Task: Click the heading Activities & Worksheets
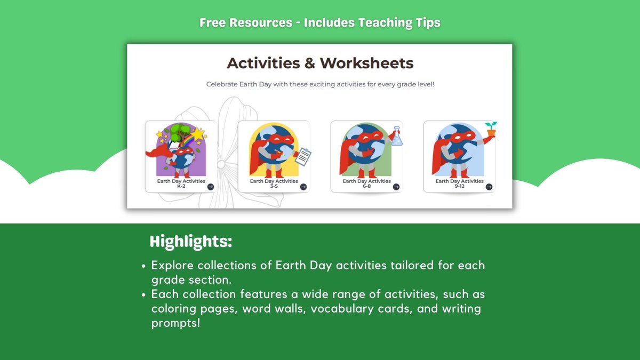pos(320,63)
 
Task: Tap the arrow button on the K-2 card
pos(211,187)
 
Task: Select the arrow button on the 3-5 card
pos(303,187)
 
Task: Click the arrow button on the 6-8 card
pos(396,187)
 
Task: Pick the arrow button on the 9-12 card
pos(489,187)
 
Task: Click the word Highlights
pos(191,242)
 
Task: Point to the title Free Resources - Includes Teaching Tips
pos(320,23)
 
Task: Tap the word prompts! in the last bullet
pos(176,323)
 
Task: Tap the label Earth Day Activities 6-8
pos(366,183)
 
